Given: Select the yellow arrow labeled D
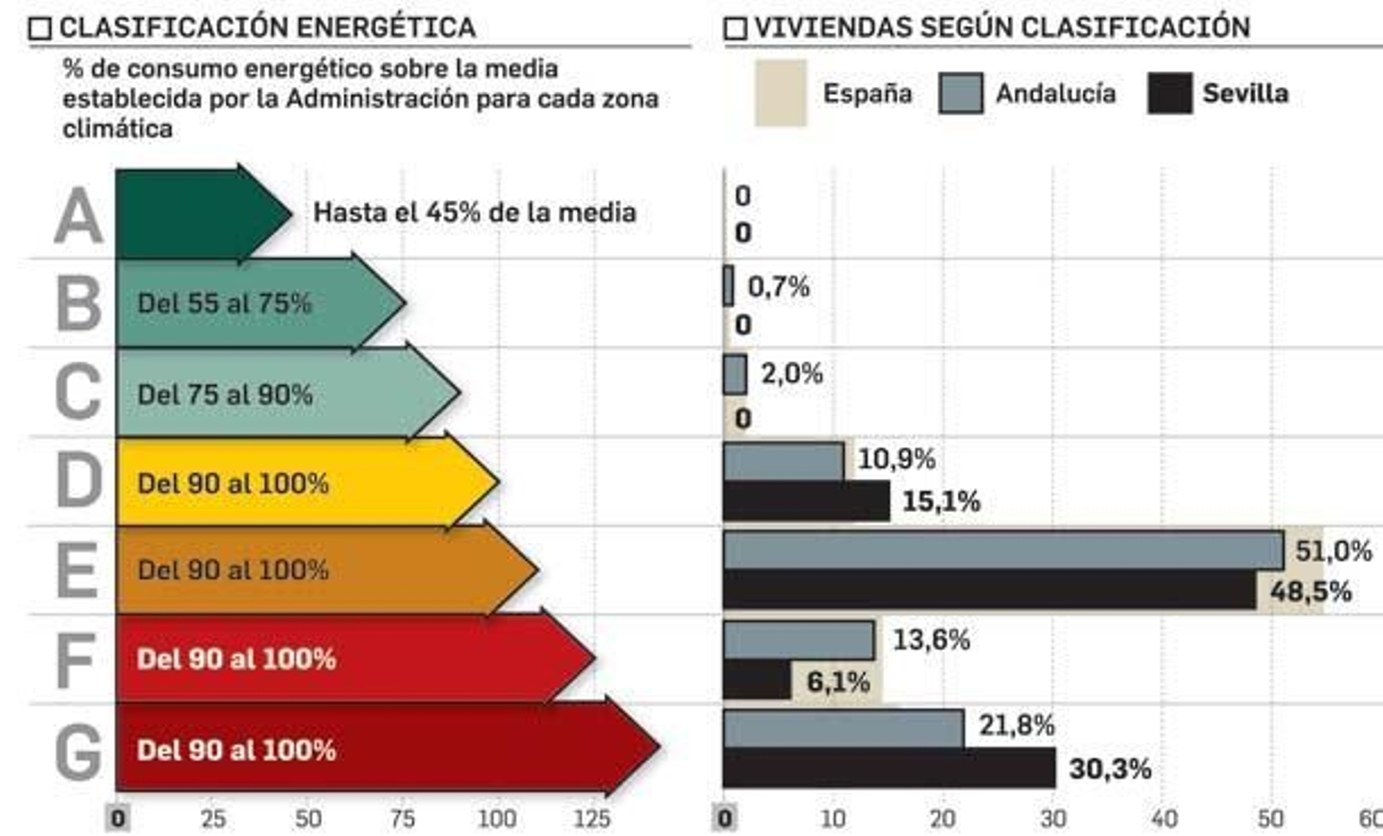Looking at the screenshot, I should [x=294, y=482].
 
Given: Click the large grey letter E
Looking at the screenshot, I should [x=78, y=571].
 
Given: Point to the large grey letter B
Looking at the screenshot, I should [x=79, y=304].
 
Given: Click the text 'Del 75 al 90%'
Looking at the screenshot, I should [x=225, y=395].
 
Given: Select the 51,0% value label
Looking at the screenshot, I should [x=1333, y=551].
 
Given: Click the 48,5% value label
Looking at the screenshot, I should [x=1310, y=592].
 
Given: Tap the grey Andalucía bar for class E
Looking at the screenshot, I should [x=1003, y=550].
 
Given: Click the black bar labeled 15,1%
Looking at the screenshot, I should [x=806, y=501].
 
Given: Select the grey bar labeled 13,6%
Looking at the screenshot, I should [x=799, y=640].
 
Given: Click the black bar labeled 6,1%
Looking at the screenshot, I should [x=756, y=681].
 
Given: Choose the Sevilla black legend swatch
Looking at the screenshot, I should [x=1169, y=93].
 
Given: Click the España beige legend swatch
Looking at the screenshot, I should [x=781, y=93].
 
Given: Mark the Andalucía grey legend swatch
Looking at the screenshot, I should [x=960, y=93].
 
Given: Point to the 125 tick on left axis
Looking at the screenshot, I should [x=592, y=818].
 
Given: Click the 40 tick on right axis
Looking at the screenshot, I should [x=1163, y=818].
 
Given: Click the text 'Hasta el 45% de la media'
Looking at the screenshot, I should [x=475, y=212].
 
